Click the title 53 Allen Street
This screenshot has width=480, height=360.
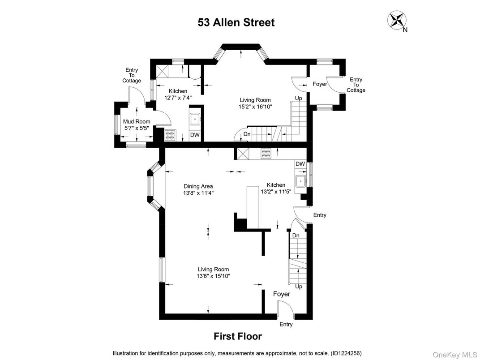point(236,22)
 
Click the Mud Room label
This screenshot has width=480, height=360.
point(137,121)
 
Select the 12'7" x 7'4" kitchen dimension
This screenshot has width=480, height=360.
point(178,97)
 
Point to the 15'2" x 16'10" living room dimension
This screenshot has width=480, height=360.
point(256,107)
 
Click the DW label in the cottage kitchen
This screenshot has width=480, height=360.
point(195,135)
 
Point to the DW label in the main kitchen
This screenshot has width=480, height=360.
point(300,164)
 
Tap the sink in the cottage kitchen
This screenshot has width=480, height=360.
point(195,119)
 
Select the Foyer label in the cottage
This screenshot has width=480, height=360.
point(320,84)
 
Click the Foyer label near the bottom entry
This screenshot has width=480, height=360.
point(282,294)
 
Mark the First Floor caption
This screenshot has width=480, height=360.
point(237,336)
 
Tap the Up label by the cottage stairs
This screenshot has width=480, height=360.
point(298,98)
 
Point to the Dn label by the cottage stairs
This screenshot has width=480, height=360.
point(247,134)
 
